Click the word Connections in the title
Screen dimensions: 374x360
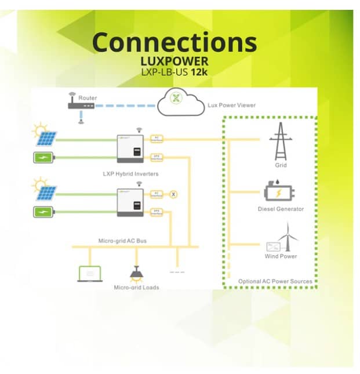click(x=174, y=42)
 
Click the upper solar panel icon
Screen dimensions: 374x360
click(x=46, y=139)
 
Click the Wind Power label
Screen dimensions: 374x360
click(x=281, y=256)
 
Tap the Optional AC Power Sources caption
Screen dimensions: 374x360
click(x=275, y=282)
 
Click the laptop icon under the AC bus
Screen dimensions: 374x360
click(x=90, y=274)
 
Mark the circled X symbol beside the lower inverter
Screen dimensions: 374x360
click(x=173, y=194)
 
